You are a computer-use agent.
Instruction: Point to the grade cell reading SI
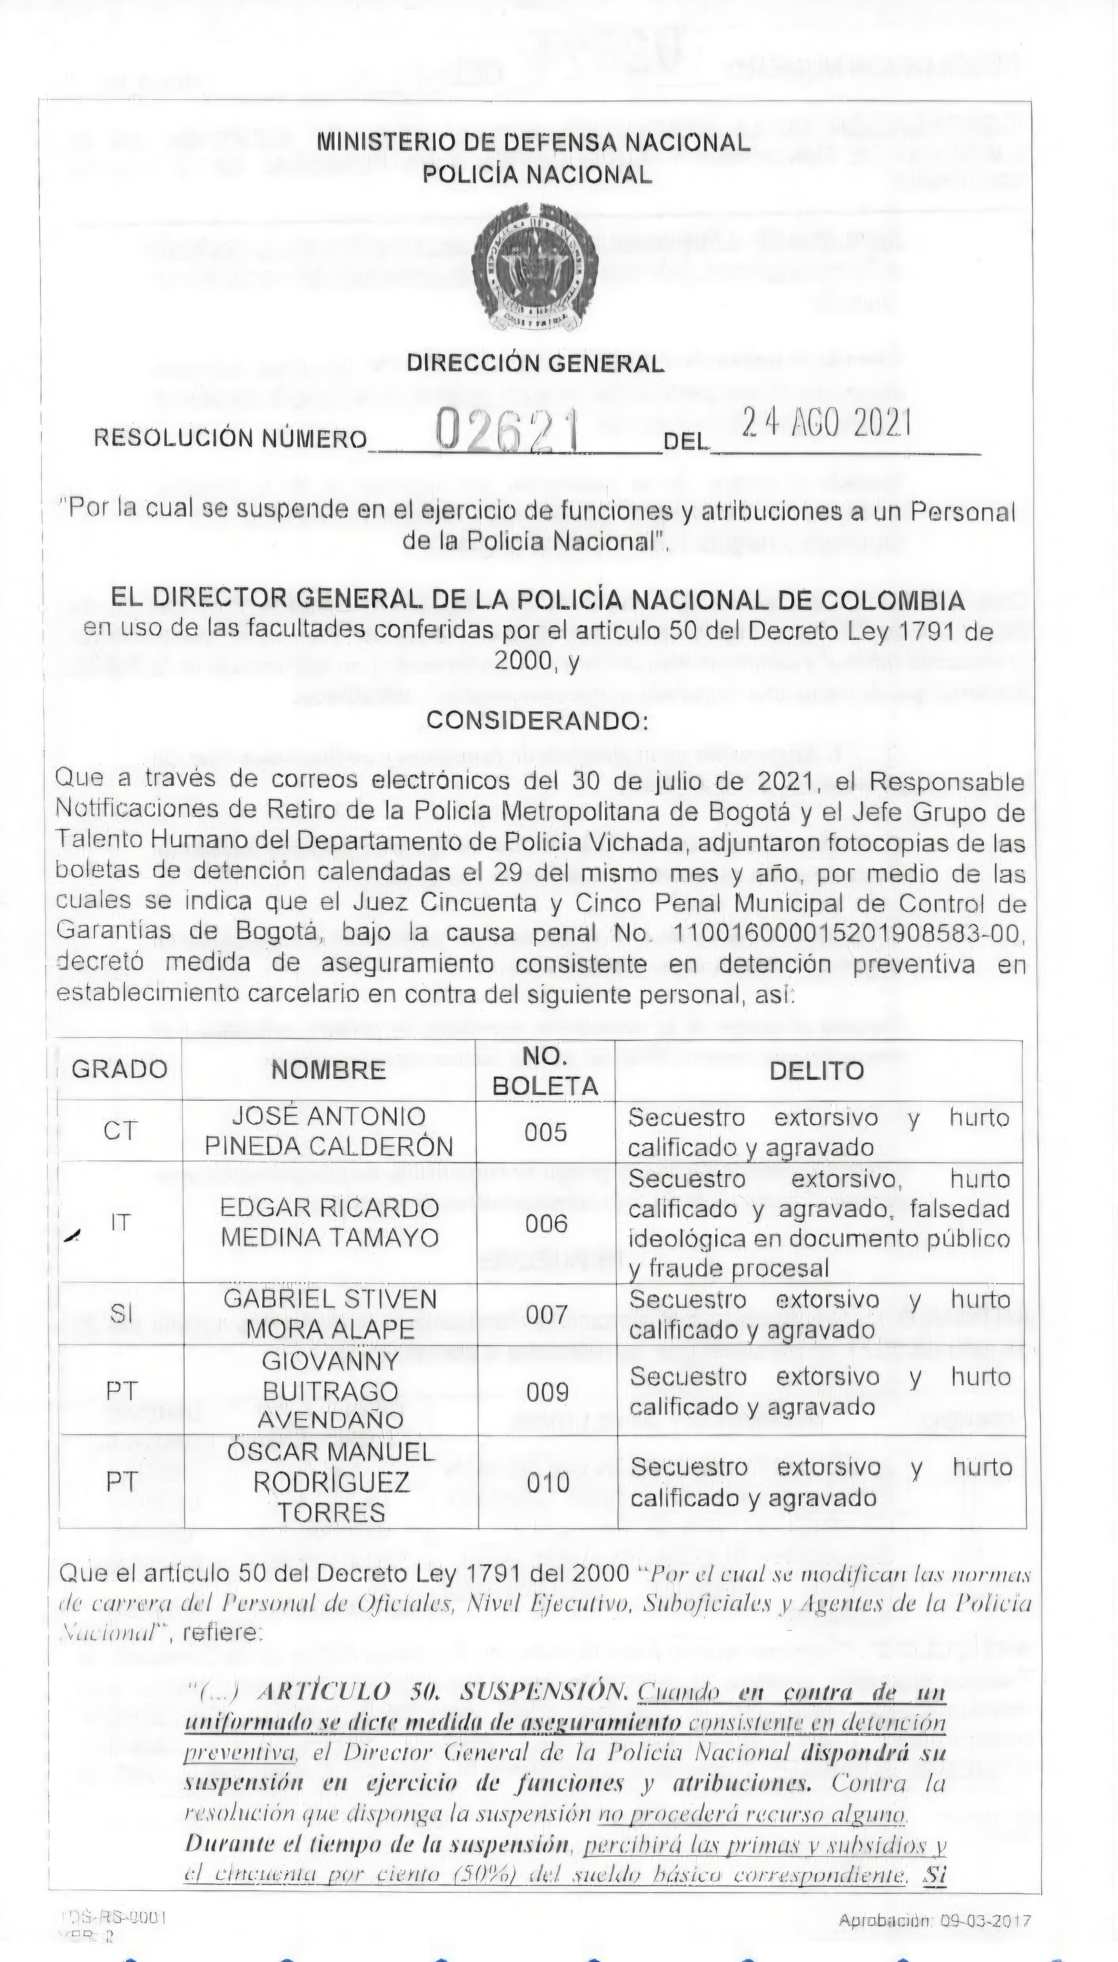pyautogui.click(x=120, y=1313)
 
